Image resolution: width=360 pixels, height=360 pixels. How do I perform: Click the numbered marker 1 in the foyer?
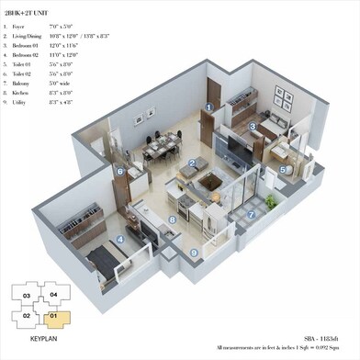click(209, 107)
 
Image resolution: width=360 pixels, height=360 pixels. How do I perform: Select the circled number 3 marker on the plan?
click(252, 129)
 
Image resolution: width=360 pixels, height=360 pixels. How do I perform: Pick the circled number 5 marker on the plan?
click(284, 169)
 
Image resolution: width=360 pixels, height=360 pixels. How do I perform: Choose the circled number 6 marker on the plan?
click(120, 170)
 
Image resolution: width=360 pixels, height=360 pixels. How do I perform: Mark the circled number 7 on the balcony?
click(251, 215)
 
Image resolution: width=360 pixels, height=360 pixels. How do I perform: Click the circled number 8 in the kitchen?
click(171, 221)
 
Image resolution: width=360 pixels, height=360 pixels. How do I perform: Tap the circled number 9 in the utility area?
click(193, 252)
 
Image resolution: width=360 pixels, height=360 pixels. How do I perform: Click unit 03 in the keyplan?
click(27, 296)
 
